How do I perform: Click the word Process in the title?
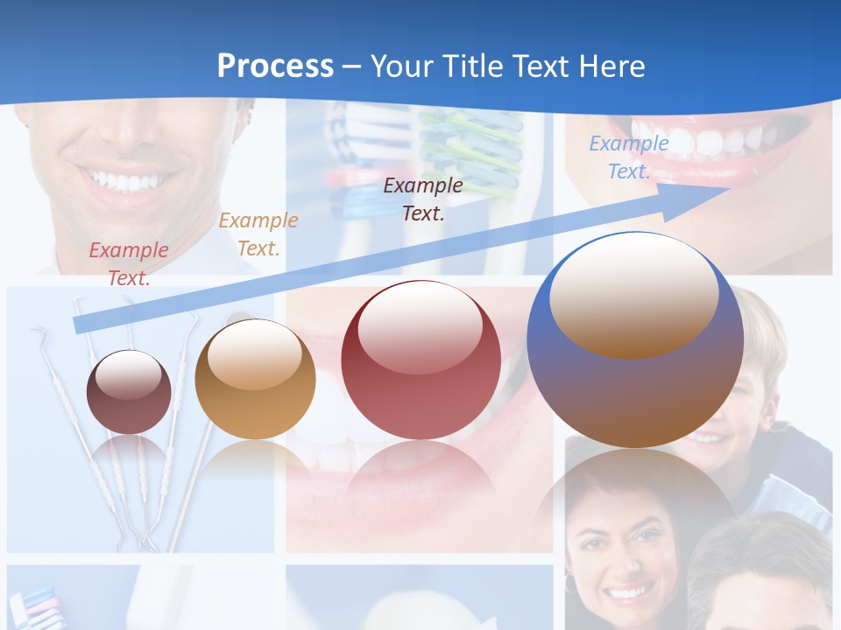275,66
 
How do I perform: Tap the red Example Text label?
129,263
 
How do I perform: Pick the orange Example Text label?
258,234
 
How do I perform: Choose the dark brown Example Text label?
423,199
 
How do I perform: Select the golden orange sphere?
255,380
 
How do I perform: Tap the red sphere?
420,360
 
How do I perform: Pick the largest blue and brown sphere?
635,341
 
